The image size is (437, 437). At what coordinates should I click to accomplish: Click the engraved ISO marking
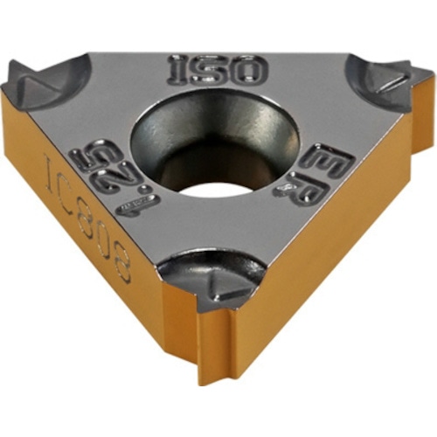coord(217,68)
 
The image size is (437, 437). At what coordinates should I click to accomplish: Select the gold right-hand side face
coord(323,262)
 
